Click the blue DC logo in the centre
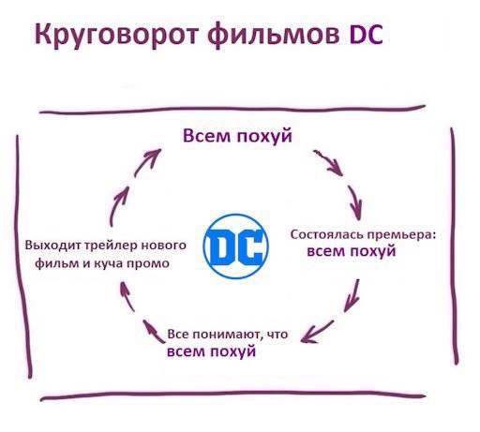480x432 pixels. tap(236, 246)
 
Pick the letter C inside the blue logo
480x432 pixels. tap(249, 246)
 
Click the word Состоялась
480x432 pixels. tap(327, 234)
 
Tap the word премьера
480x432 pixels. tap(401, 235)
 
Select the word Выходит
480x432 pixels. tap(52, 245)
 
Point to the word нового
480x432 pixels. tap(164, 245)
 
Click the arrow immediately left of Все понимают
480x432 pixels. tap(154, 332)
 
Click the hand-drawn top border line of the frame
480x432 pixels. tap(232, 110)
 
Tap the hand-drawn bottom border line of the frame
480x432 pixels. tap(232, 397)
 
